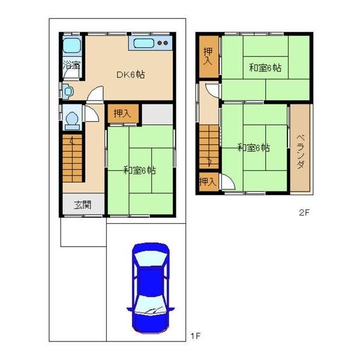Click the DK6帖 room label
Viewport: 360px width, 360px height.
tap(131, 74)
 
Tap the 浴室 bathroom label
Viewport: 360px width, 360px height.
tap(72, 65)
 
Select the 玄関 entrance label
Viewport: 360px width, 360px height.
tap(83, 205)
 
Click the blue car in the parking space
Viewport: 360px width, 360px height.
tap(151, 288)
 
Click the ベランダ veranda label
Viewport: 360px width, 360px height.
tap(301, 152)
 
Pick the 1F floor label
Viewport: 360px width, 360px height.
tap(196, 337)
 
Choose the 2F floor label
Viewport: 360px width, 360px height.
tap(304, 212)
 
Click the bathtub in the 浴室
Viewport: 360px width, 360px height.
tap(72, 46)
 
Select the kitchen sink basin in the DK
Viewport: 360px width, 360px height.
tap(144, 43)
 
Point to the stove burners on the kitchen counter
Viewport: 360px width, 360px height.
tap(163, 43)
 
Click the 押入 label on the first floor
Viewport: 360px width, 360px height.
tap(122, 113)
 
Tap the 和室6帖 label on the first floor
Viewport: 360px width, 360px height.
tap(140, 170)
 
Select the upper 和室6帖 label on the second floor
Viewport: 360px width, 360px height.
tap(265, 68)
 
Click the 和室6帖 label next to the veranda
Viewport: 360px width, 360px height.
tap(253, 148)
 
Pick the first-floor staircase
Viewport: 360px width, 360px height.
tap(73, 158)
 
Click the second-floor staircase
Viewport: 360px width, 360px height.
tap(209, 147)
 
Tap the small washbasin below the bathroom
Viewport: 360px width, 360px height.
tap(68, 91)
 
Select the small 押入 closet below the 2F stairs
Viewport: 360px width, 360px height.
tap(209, 182)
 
